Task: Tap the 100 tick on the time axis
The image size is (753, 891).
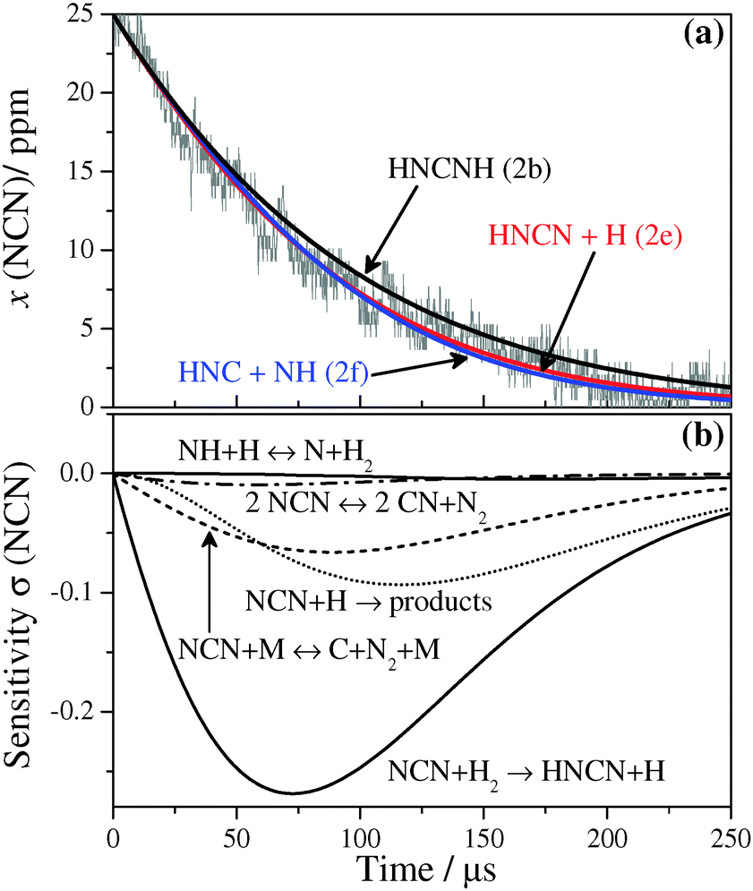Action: pyautogui.click(x=360, y=843)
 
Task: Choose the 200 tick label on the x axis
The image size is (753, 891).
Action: pyautogui.click(x=607, y=843)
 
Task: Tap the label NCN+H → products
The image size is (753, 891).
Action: pyautogui.click(x=368, y=602)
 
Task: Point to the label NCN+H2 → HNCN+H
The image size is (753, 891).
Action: pyautogui.click(x=525, y=769)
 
